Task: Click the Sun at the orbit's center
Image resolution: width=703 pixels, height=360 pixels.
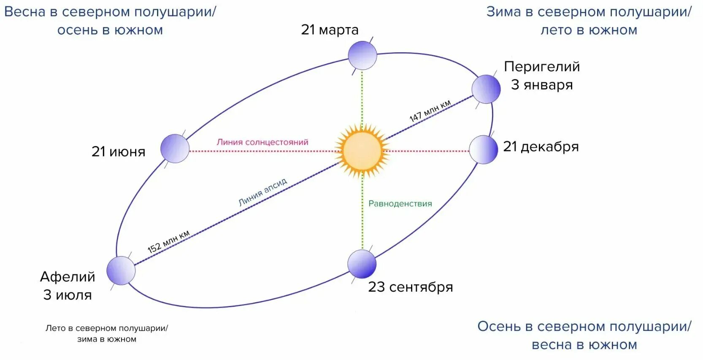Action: point(362,151)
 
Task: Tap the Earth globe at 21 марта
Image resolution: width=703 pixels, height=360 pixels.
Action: point(362,55)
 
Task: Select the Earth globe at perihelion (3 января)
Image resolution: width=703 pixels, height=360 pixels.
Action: point(486,89)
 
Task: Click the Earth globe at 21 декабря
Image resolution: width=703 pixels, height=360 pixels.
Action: point(484,149)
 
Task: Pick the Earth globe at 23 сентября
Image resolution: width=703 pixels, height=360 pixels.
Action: point(362,264)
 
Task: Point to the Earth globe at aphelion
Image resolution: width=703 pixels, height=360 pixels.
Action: point(121,271)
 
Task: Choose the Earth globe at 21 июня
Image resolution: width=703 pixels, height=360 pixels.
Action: point(175,149)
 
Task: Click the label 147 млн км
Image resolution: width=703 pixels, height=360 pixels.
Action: point(430,111)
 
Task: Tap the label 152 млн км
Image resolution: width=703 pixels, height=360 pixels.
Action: point(168,242)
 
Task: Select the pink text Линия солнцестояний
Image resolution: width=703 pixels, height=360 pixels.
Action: point(262,142)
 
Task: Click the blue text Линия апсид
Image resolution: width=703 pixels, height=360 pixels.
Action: point(262,192)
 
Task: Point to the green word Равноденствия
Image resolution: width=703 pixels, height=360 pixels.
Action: point(400,204)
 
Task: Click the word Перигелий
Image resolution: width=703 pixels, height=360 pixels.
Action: point(542,67)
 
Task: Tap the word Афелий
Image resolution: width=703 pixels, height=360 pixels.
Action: point(68,277)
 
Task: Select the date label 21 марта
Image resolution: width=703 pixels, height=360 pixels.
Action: point(330,30)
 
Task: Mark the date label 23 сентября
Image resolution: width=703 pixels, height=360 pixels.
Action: point(410,287)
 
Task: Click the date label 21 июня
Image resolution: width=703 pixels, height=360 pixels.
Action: point(118,152)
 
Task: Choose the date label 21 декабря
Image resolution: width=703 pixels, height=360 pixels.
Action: point(541,147)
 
